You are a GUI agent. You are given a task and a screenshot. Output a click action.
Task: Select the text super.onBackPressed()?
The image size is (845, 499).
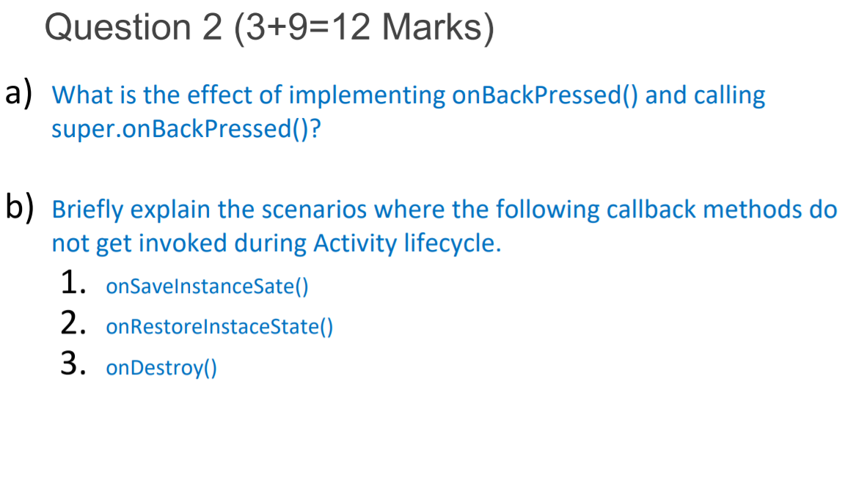(186, 129)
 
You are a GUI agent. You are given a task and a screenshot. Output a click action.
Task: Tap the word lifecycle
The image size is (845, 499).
(453, 243)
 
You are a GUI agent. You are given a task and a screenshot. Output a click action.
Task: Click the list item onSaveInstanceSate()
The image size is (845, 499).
(207, 286)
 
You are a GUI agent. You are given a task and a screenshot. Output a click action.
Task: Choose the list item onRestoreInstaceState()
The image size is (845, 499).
(219, 327)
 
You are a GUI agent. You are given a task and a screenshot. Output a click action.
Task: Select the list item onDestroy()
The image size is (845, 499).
(161, 367)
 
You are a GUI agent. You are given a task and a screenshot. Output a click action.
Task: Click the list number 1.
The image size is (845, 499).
(71, 282)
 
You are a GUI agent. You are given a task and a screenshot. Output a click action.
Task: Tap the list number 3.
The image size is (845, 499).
(71, 364)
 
